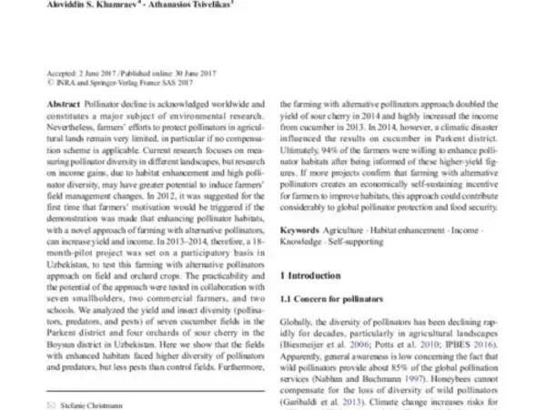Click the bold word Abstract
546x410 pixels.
click(62, 107)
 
